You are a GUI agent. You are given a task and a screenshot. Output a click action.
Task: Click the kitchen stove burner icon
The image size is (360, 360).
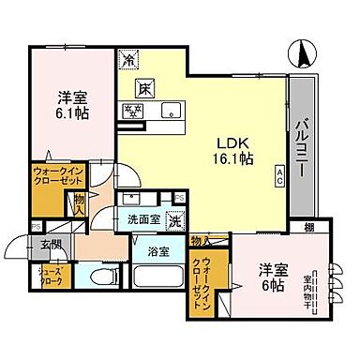pyautogui.click(x=132, y=111)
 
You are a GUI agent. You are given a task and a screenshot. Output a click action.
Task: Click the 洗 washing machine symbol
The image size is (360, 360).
pyautogui.click(x=173, y=222)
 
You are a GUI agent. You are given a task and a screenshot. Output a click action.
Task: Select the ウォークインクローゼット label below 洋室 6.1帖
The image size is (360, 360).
pyautogui.click(x=58, y=177)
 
